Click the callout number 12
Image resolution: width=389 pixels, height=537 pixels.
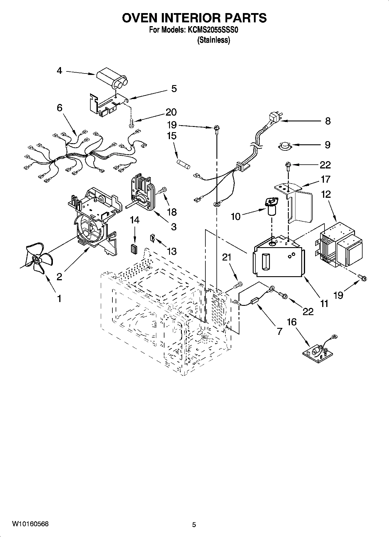326,194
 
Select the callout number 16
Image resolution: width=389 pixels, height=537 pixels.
292,322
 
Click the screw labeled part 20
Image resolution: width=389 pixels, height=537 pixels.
131,123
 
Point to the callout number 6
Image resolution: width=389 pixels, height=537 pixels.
59,108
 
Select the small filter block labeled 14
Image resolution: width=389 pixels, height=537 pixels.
134,249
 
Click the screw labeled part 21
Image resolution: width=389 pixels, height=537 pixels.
238,285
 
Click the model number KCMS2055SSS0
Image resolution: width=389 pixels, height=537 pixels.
213,30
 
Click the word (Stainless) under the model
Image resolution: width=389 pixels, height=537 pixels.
214,40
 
